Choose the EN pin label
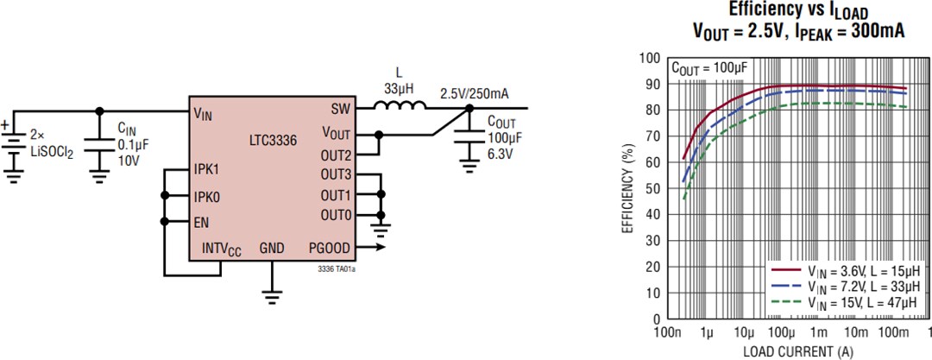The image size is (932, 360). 201,222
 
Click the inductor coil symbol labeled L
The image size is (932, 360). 400,107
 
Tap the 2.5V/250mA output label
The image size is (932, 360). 474,92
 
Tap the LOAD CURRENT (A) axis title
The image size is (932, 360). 797,351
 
